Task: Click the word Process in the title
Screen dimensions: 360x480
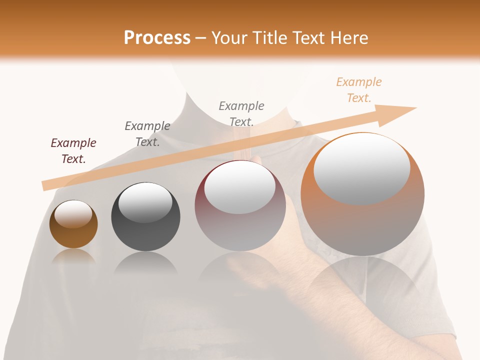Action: pyautogui.click(x=157, y=38)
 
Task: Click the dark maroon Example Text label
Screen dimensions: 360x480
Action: pyautogui.click(x=73, y=151)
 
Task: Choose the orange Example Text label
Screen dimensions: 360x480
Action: pyautogui.click(x=359, y=90)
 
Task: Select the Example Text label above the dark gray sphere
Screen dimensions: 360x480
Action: pyautogui.click(x=147, y=134)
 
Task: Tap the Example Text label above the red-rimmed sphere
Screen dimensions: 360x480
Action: pyautogui.click(x=241, y=113)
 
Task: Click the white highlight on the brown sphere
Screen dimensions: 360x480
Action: pyautogui.click(x=73, y=214)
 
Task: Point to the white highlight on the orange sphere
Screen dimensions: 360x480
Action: pyautogui.click(x=361, y=168)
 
